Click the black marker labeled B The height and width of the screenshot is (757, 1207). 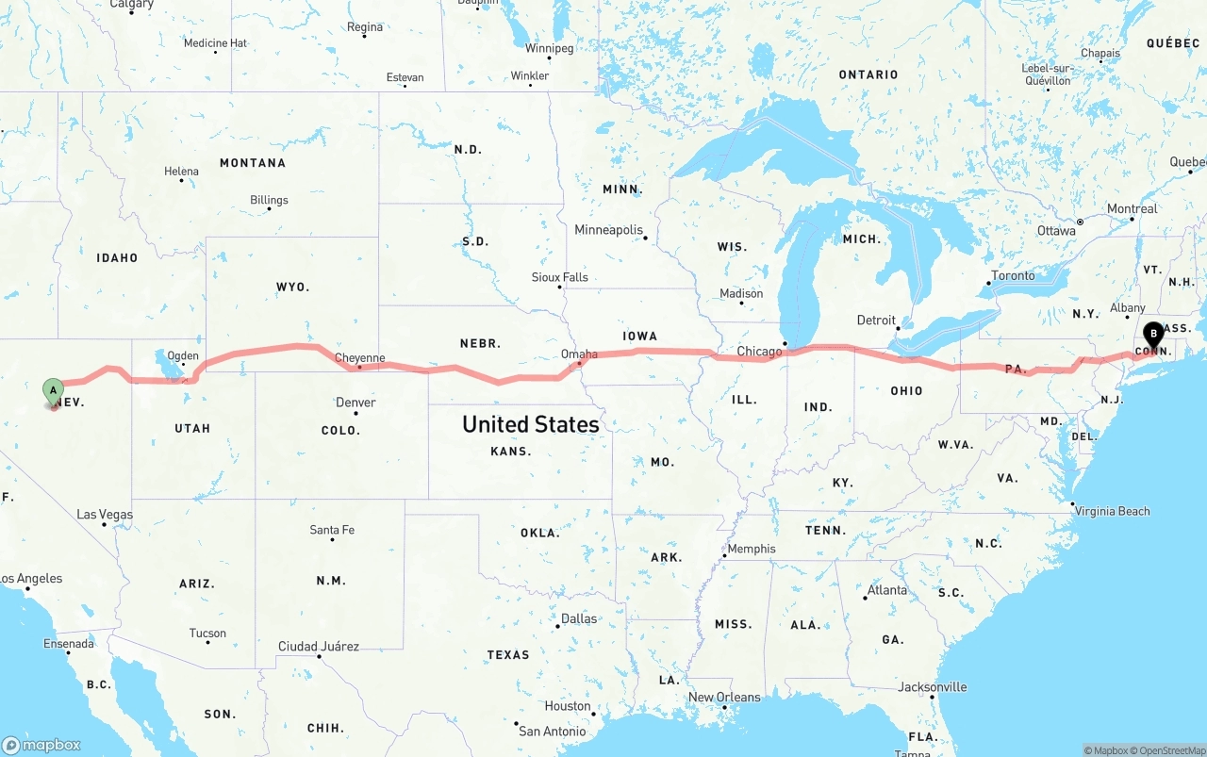[1153, 335]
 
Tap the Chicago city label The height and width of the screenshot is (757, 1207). [759, 352]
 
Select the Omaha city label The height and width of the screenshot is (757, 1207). [579, 354]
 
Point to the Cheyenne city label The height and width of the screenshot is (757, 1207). [360, 358]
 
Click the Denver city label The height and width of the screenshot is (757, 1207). [355, 403]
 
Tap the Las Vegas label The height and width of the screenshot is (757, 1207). [105, 515]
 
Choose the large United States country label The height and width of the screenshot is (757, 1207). [530, 424]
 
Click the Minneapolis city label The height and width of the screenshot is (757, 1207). [608, 230]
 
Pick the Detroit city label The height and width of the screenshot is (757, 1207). [876, 320]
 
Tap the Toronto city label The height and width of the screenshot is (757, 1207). [1013, 275]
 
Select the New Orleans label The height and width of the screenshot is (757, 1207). [724, 698]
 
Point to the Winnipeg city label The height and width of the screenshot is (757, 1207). [549, 48]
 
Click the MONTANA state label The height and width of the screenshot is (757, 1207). [253, 163]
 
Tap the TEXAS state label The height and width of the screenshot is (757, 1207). [508, 654]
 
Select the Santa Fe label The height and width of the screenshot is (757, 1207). [332, 530]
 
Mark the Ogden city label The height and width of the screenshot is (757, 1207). [183, 356]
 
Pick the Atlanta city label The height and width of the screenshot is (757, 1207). [887, 590]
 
